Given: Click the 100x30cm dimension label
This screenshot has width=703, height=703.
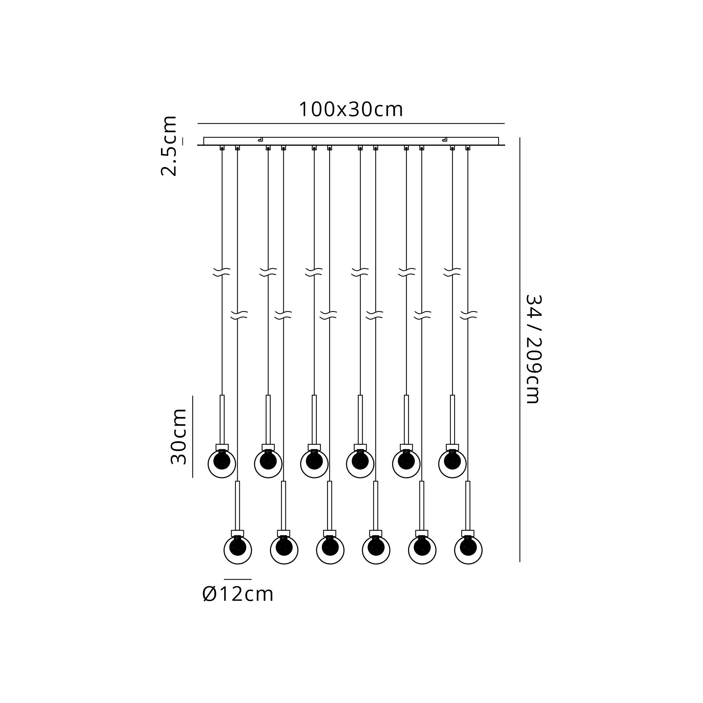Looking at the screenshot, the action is [351, 109].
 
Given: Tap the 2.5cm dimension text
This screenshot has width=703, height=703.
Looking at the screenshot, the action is [169, 146].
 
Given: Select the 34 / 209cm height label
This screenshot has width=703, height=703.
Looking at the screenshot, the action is [534, 349].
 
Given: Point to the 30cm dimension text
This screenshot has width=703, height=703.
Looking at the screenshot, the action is [178, 436].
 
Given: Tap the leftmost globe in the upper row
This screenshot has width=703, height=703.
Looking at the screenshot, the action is [222, 464].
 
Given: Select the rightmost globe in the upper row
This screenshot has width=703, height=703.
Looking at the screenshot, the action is [452, 464].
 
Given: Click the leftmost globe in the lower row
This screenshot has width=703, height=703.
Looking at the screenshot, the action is [238, 550].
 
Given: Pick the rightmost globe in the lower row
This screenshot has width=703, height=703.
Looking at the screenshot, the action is [468, 550].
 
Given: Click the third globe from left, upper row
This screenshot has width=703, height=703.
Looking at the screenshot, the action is [314, 464].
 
